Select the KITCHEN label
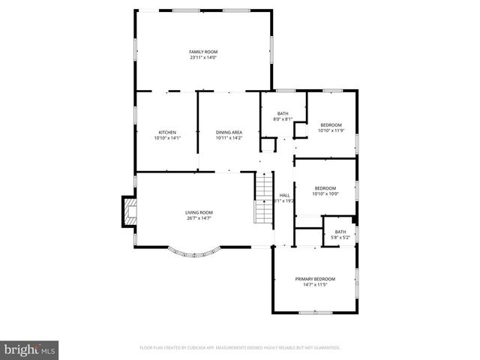166,132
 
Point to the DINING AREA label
229,132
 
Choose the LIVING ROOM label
199,212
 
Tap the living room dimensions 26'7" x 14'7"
199,219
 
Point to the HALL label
285,195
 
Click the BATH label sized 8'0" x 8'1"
282,113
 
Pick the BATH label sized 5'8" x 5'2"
341,232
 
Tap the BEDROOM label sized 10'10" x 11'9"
331,124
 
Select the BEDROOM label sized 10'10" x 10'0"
325,187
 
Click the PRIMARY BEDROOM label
315,279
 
